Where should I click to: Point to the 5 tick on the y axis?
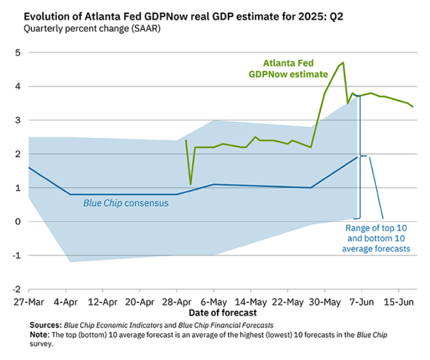17,53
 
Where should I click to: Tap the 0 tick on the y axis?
17,222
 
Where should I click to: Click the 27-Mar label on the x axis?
29,302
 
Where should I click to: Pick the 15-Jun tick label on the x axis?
399,302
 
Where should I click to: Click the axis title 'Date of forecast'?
223,313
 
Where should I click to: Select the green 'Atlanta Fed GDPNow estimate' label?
288,69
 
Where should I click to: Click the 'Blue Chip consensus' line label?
126,203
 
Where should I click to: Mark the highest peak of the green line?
343,63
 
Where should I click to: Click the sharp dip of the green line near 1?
191,184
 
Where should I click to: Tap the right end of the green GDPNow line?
413,107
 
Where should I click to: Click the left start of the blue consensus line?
29,167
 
